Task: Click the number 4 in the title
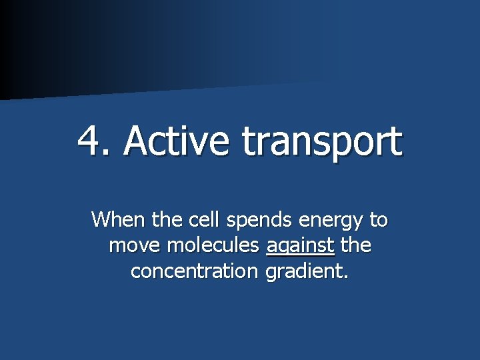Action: (90, 140)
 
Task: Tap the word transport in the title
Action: (322, 141)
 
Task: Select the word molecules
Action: (213, 245)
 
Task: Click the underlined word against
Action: (299, 247)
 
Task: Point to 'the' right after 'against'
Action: (355, 245)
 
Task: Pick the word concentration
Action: (195, 271)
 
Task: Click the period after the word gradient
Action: (345, 277)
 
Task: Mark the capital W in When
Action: (102, 219)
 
